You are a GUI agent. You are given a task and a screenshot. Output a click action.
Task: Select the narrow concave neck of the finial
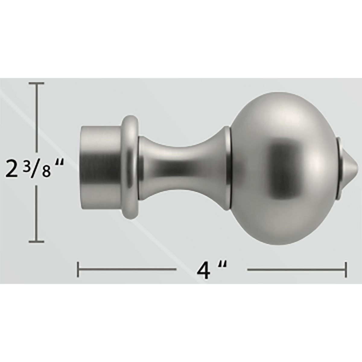[181, 167]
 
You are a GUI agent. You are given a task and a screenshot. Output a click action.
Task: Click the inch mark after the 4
[223, 265]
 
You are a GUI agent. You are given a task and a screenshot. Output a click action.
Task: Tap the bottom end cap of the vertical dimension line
[37, 241]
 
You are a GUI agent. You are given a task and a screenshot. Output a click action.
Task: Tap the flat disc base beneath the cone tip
[339, 166]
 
